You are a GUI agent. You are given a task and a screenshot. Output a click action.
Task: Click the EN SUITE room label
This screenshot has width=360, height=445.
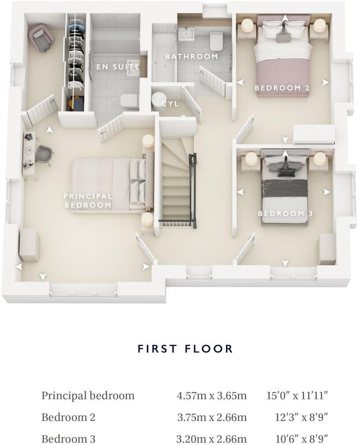coord(118,67)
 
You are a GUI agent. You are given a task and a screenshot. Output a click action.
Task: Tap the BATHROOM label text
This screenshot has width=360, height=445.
coord(191,57)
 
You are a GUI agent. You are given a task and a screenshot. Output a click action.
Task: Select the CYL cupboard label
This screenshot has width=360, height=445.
coord(170,104)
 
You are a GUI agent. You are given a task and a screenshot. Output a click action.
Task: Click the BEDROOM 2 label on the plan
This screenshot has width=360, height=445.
coord(282,88)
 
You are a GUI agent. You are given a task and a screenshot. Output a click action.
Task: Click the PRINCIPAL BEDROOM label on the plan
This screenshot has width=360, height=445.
coord(88,201)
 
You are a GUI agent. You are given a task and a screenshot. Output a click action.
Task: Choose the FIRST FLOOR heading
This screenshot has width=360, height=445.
coord(185,349)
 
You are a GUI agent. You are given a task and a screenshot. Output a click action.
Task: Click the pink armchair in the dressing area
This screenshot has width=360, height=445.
coord(41,38)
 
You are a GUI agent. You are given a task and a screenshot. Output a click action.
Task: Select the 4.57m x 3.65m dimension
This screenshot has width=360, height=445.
coord(211,396)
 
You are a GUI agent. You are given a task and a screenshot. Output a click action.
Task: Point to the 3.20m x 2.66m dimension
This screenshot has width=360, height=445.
coord(211,439)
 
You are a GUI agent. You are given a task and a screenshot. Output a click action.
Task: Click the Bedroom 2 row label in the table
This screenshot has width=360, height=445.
coord(68,417)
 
